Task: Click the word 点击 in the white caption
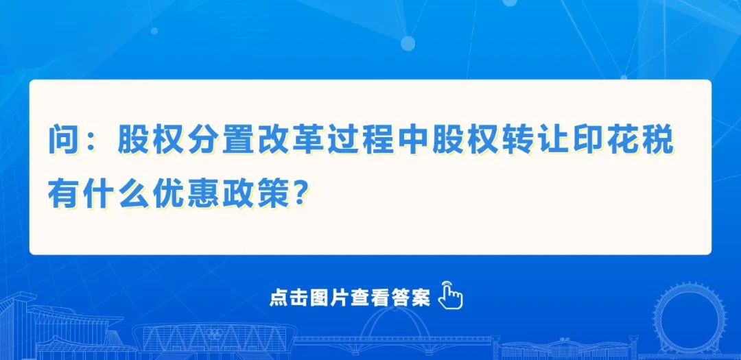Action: coord(289,298)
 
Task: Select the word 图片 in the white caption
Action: coord(329,298)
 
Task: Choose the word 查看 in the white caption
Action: coord(370,298)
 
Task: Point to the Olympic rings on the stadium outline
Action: coord(215,333)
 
